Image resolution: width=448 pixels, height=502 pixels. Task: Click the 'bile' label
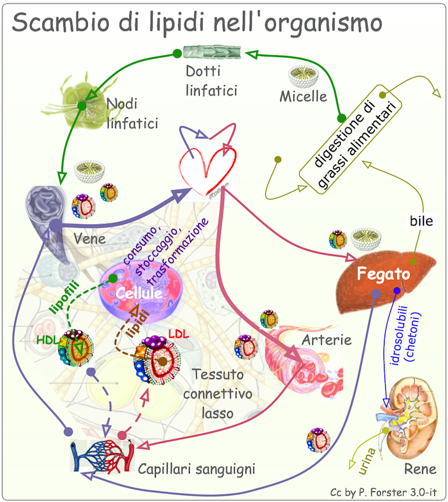tap(422, 221)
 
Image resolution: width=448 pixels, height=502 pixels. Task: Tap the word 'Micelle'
tap(304, 97)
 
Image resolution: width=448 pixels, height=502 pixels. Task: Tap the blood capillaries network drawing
tap(100, 456)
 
